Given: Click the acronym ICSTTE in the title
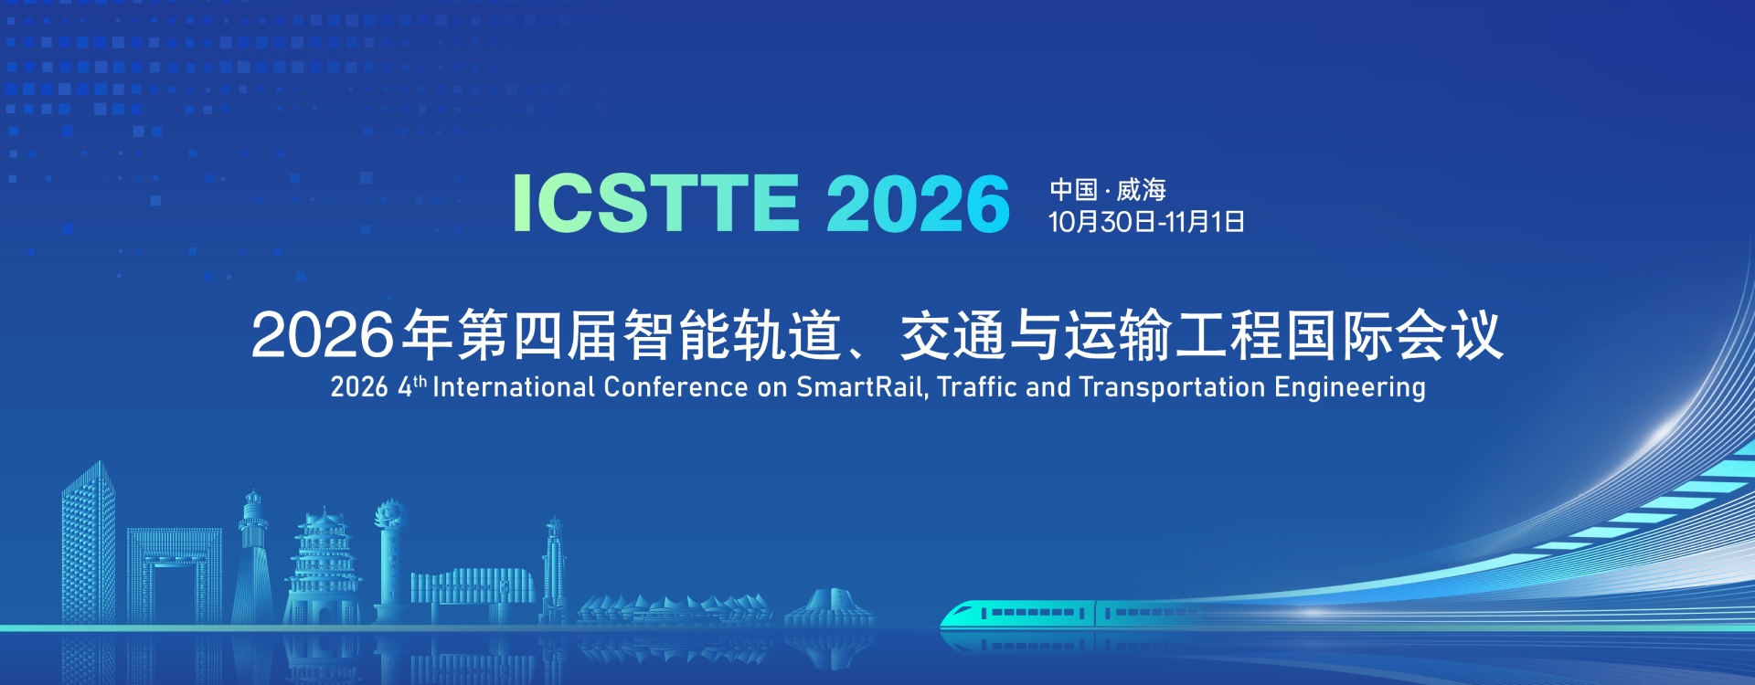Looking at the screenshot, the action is (656, 203).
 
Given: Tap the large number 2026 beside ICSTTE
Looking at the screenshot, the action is (919, 203).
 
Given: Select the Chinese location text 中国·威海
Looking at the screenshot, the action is (1108, 190).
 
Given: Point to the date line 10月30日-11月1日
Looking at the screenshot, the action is (1146, 222).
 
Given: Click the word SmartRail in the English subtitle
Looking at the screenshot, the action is (859, 387).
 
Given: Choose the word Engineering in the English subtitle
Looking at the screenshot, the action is (1350, 388).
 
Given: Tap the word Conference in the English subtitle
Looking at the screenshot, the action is (675, 387).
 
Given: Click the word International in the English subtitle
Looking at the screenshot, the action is (514, 387).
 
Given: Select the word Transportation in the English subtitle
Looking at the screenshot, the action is (1172, 387).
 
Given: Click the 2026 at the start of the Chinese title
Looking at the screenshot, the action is (323, 335).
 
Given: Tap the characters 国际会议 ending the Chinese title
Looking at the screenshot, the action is (1395, 335).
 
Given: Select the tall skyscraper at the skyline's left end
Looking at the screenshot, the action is (89, 543).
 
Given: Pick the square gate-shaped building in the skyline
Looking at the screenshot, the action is (174, 576).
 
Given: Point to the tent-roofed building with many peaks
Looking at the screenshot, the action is (675, 610).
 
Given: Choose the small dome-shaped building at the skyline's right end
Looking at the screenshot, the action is (829, 608).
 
